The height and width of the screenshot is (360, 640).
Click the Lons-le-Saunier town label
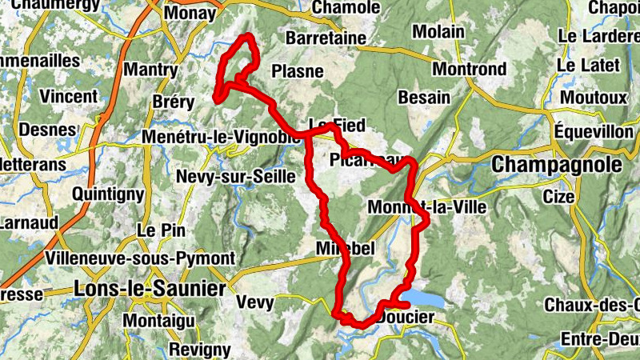click(149, 288)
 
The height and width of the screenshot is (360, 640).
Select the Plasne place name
click(298, 71)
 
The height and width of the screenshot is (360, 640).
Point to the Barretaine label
click(326, 38)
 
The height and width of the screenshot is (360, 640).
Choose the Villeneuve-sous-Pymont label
click(141, 258)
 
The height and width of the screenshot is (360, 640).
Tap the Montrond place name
click(470, 69)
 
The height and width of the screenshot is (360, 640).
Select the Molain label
click(438, 32)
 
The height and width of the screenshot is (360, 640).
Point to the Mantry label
click(150, 70)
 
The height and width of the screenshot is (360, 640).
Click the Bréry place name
click(173, 102)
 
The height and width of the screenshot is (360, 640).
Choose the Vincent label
click(69, 97)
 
